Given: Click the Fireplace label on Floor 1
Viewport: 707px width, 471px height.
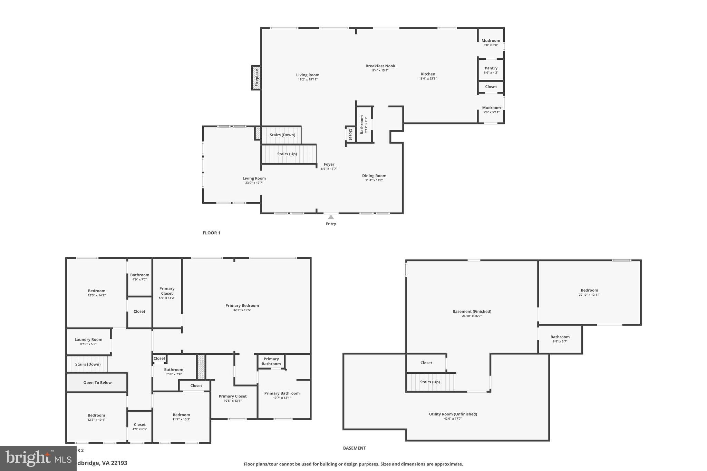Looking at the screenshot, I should tap(256, 78).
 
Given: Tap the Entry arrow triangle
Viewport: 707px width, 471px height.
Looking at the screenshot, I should tap(331, 217).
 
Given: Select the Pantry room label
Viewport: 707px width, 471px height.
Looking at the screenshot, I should tap(491, 68).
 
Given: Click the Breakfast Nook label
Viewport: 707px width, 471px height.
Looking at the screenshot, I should tap(380, 66).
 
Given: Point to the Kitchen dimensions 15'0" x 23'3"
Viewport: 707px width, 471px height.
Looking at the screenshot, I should tap(428, 79).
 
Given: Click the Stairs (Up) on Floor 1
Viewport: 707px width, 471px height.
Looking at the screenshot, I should tap(287, 154).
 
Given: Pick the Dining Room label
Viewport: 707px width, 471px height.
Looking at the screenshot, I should tap(374, 176).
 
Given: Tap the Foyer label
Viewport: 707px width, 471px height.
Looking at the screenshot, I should tap(329, 164).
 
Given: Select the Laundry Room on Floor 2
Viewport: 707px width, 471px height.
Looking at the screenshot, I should tap(88, 340).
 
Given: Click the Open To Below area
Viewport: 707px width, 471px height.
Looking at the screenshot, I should tap(97, 382).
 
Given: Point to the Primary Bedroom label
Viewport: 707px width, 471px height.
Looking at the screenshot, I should tap(242, 305).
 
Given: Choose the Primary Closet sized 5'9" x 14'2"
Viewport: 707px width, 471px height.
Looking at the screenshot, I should tap(167, 293).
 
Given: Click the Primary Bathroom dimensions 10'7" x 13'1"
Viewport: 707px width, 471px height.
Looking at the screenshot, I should tap(282, 398).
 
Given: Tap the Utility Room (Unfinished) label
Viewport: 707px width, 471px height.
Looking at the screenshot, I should tap(453, 414).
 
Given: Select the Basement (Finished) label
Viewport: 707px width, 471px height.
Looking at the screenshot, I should tap(472, 311).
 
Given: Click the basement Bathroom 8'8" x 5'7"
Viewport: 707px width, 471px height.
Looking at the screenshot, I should tap(560, 338).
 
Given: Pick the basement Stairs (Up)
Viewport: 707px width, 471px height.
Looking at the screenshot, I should tap(430, 382).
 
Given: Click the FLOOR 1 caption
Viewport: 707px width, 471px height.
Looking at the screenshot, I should tap(211, 233).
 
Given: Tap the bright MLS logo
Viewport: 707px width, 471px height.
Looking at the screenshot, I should tap(38, 458).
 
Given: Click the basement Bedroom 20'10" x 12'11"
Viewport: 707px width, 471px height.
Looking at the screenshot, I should tap(589, 292).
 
